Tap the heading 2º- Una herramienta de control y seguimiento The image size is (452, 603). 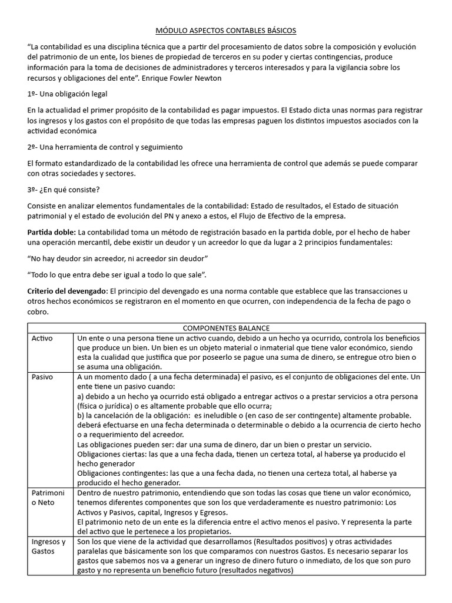click(105, 147)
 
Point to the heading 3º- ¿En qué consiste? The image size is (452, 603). click(64, 190)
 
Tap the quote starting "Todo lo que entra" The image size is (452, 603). click(117, 274)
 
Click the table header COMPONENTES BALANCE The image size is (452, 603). click(226, 328)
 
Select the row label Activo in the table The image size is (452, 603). click(42, 339)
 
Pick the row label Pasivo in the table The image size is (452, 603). click(42, 376)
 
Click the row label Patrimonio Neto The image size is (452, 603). click(49, 498)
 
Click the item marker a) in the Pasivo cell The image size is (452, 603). click(81, 397)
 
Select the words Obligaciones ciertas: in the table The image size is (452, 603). click(109, 454)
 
